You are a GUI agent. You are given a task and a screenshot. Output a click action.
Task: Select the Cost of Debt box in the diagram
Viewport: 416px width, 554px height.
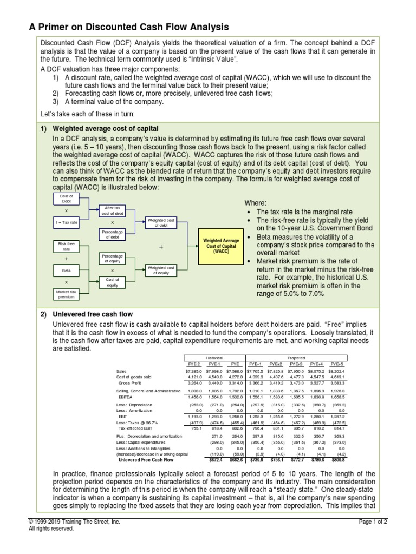67,199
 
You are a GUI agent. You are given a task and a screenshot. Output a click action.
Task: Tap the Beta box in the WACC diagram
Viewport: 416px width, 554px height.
67,270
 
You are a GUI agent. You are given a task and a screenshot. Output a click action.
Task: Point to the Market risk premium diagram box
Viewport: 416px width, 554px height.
67,294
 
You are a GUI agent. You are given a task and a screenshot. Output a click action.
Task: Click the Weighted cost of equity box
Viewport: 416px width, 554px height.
161,270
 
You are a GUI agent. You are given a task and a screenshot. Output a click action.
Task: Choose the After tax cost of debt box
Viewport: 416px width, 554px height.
113,210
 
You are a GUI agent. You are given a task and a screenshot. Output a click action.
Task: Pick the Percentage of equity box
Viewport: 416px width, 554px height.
113,258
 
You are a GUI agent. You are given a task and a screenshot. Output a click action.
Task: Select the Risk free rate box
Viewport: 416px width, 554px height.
67,246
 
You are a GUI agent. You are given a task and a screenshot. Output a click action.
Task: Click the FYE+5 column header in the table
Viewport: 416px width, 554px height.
336,365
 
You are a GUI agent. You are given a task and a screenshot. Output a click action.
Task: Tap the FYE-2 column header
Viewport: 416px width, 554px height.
193,365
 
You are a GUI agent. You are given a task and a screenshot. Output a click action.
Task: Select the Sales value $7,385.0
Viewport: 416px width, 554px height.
193,371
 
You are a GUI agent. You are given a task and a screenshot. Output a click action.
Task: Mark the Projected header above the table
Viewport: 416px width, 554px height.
297,358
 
